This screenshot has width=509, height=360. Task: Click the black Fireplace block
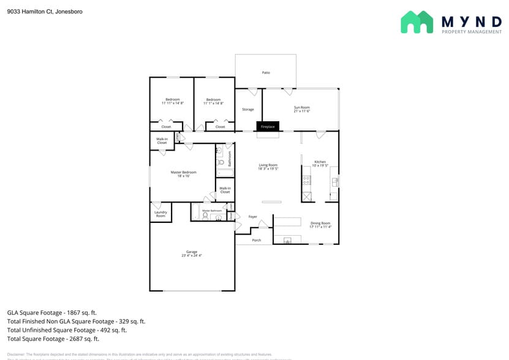click(x=268, y=126)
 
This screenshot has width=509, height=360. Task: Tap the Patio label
click(x=266, y=73)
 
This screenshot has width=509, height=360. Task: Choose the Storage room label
click(x=247, y=110)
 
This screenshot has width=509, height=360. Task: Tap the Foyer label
click(x=253, y=217)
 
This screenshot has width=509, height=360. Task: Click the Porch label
click(x=257, y=240)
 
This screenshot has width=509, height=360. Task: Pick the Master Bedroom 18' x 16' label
click(x=183, y=174)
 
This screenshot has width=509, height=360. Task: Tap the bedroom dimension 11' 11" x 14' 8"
click(x=172, y=103)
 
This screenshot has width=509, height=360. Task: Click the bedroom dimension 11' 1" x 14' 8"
click(x=213, y=103)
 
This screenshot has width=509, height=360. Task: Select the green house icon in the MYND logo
click(x=417, y=22)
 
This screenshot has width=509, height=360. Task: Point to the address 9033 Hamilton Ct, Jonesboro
click(x=45, y=12)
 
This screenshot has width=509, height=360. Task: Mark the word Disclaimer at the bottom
click(x=15, y=354)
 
